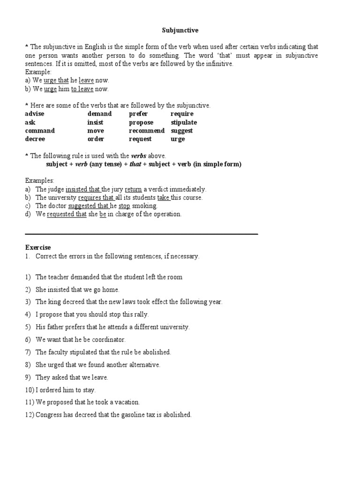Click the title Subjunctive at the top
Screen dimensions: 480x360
180,30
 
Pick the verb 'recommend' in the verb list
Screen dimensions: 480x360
147,131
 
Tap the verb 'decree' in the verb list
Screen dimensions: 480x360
35,139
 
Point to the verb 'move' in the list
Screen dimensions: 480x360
96,131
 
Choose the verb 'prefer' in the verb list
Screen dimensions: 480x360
138,114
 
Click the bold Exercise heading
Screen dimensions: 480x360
38,247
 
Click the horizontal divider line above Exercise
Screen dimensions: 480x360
141,234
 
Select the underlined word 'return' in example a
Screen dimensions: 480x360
133,189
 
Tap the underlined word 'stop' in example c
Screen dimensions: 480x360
124,206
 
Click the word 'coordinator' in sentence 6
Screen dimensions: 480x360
108,339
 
